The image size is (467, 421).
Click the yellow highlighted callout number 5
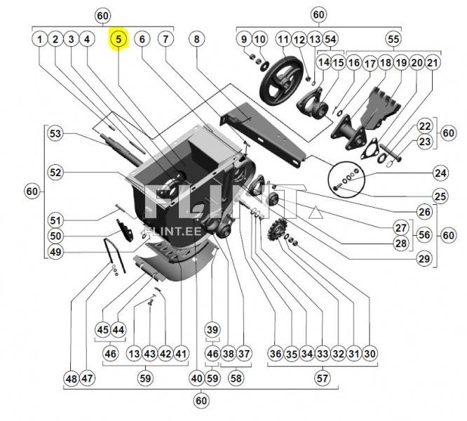coord(119,39)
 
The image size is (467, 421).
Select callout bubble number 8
coord(197,39)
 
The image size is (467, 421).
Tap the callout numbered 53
coord(55,133)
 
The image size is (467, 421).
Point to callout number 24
coord(440,172)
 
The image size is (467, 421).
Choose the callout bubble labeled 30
coord(370,354)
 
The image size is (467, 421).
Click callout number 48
coord(71,378)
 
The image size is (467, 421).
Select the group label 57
coord(322,378)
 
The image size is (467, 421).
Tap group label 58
coord(236,378)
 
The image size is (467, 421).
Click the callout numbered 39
coord(212,330)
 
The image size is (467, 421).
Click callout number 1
coord(39,39)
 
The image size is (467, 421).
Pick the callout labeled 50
coord(55,236)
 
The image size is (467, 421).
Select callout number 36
coord(275,354)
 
